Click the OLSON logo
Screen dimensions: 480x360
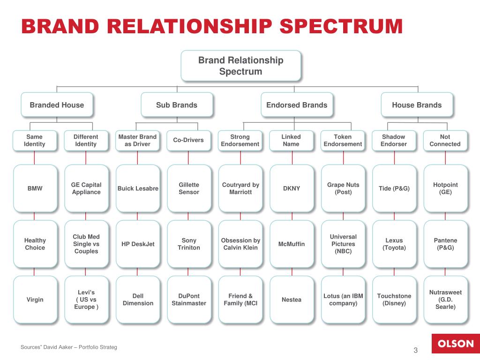[456, 344]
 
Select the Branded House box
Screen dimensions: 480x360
[57, 105]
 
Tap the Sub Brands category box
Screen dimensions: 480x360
[177, 105]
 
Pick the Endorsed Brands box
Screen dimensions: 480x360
[297, 105]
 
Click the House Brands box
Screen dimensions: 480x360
[417, 105]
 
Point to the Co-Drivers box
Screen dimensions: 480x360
[188, 141]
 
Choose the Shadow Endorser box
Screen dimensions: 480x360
[394, 141]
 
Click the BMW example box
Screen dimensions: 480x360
[35, 188]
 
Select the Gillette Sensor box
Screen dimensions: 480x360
[189, 188]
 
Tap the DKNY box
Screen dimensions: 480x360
[292, 188]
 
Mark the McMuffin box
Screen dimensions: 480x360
[292, 244]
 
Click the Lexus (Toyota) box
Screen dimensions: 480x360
[394, 244]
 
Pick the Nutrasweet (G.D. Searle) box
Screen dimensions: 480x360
[446, 300]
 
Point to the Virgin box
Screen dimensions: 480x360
[35, 300]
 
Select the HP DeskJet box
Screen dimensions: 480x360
[138, 244]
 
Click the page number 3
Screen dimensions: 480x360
[415, 350]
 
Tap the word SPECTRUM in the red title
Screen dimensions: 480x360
[341, 26]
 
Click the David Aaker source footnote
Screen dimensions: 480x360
[68, 347]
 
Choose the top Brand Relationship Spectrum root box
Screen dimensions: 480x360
[241, 66]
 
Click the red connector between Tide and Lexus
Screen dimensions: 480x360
[394, 217]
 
